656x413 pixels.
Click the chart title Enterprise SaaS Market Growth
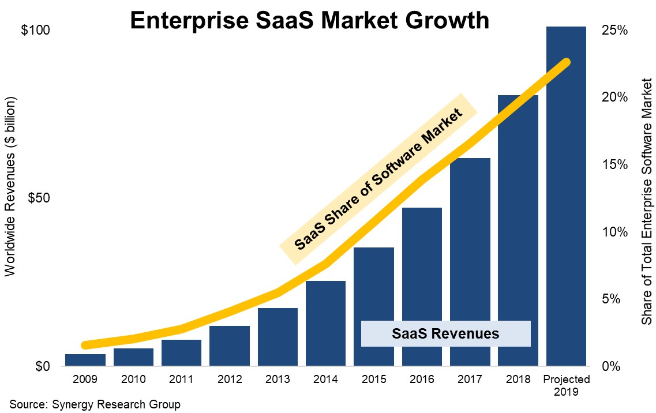tap(309, 21)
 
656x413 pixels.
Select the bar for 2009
tap(85, 360)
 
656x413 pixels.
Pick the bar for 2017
tap(470, 262)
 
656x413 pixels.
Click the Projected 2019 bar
tap(566, 196)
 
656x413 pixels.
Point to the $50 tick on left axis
tap(39, 198)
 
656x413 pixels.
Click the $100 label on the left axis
tap(36, 30)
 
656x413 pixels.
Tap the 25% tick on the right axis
tap(615, 30)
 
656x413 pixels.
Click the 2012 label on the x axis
tap(230, 380)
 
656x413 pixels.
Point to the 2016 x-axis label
tap(422, 380)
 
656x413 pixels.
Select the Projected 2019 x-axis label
tap(566, 385)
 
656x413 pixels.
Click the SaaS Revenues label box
tap(445, 333)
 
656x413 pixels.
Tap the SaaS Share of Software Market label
tap(378, 179)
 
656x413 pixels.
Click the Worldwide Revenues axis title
tap(11, 186)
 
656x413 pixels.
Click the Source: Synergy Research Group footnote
tap(95, 404)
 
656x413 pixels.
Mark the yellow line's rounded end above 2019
tap(566, 62)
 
